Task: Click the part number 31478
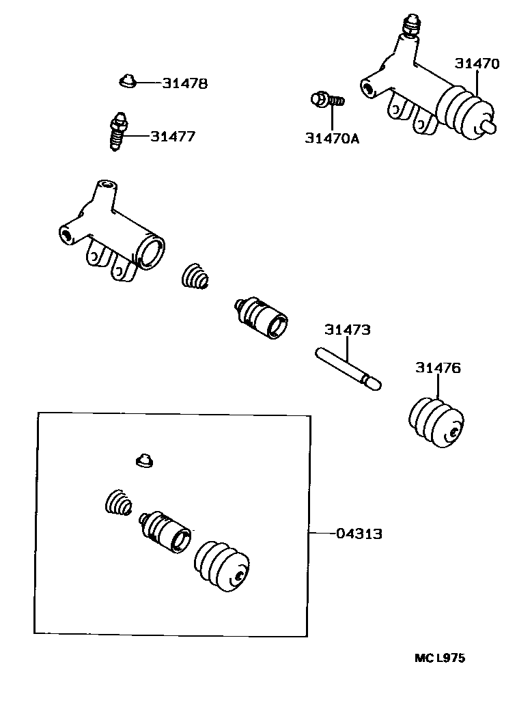pyautogui.click(x=184, y=84)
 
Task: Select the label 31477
pyautogui.click(x=173, y=137)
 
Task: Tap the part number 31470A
pyautogui.click(x=332, y=139)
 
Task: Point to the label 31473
pyautogui.click(x=348, y=330)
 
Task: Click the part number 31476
pyautogui.click(x=438, y=368)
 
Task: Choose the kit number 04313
pyautogui.click(x=359, y=534)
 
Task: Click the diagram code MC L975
pyautogui.click(x=440, y=659)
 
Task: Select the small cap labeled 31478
pyautogui.click(x=126, y=82)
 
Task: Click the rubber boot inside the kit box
pyautogui.click(x=221, y=567)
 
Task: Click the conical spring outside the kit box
pyautogui.click(x=195, y=277)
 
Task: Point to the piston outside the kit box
pyautogui.click(x=262, y=316)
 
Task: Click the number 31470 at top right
pyautogui.click(x=477, y=64)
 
